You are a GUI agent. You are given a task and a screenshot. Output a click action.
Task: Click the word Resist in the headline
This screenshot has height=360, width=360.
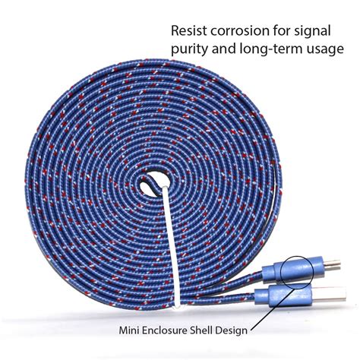tap(189, 31)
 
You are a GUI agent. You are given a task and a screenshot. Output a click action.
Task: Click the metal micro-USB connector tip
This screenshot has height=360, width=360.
tap(332, 265)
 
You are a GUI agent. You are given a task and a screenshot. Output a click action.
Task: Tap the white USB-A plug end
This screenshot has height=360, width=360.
tap(328, 294)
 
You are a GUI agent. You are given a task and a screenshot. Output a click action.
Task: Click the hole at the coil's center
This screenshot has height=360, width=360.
tap(154, 182)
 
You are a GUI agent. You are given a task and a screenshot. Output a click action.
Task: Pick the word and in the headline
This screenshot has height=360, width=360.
tap(223, 49)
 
